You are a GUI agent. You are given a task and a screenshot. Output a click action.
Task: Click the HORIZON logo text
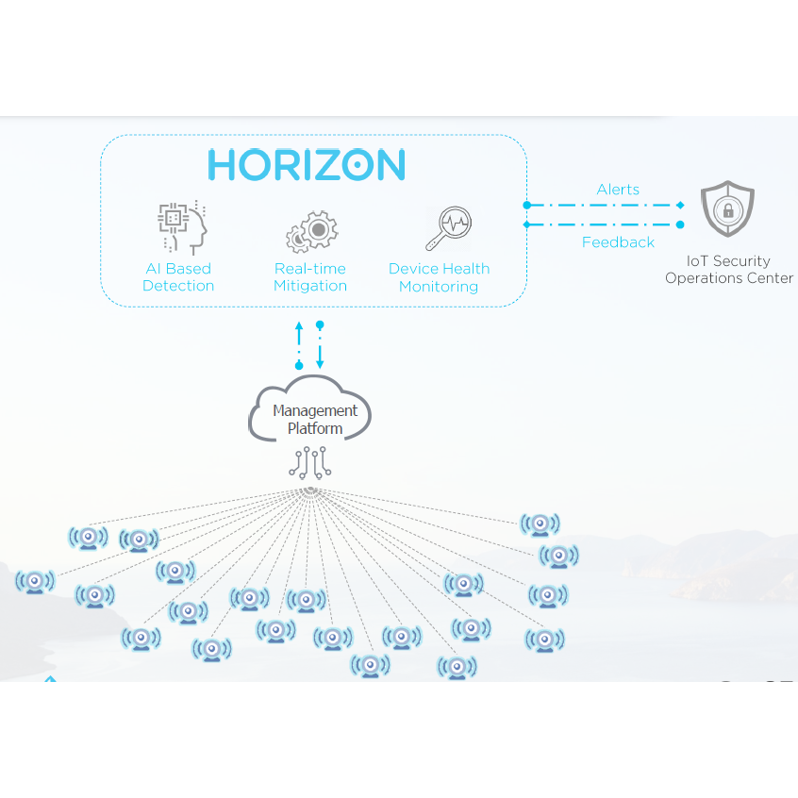pos(307,164)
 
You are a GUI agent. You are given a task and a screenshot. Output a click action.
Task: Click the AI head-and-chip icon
pos(182,227)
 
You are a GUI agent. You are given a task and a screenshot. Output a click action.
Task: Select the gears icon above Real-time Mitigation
pos(312,231)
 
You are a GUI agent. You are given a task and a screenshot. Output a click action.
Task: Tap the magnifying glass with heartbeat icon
pos(449,228)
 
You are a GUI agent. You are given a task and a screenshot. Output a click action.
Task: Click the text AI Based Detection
pos(178,277)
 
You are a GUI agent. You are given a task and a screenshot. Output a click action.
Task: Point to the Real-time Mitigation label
pos(310,277)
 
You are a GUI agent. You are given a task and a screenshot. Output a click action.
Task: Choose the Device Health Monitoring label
pos(439,277)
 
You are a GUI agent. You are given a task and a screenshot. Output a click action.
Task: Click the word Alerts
pos(618,190)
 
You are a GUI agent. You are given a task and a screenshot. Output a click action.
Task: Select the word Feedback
pos(618,242)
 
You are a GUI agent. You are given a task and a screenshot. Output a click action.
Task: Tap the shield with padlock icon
pos(728,208)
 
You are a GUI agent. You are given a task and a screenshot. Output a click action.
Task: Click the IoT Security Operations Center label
pos(729,269)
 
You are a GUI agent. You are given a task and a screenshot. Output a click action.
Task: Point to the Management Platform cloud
pos(310,407)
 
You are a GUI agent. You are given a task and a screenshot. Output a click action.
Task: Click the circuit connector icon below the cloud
pos(310,462)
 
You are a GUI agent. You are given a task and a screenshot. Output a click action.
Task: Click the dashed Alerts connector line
pos(604,205)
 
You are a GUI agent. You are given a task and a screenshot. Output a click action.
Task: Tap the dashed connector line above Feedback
pos(604,224)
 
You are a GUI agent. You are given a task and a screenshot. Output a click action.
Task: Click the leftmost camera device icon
pos(35,582)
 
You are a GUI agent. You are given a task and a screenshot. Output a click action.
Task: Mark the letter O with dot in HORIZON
pos(357,164)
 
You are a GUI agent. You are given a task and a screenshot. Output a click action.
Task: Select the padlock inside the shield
pos(728,210)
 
